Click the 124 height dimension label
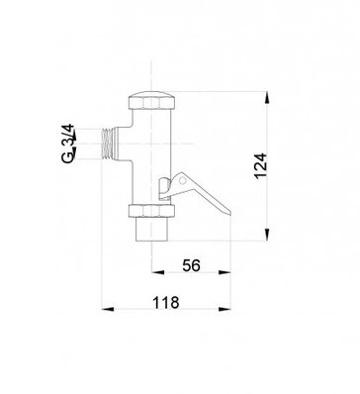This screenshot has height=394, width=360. coord(261,165)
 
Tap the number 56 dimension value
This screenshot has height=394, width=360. coord(191,265)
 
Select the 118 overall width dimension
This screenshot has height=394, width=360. coord(166,302)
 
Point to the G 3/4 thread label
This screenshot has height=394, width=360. coord(68,144)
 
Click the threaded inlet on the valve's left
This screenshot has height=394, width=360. coord(106,144)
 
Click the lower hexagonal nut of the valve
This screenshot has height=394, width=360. coord(151,211)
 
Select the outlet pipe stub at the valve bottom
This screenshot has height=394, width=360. coord(151,229)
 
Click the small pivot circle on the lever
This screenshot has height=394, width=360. coord(181,181)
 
